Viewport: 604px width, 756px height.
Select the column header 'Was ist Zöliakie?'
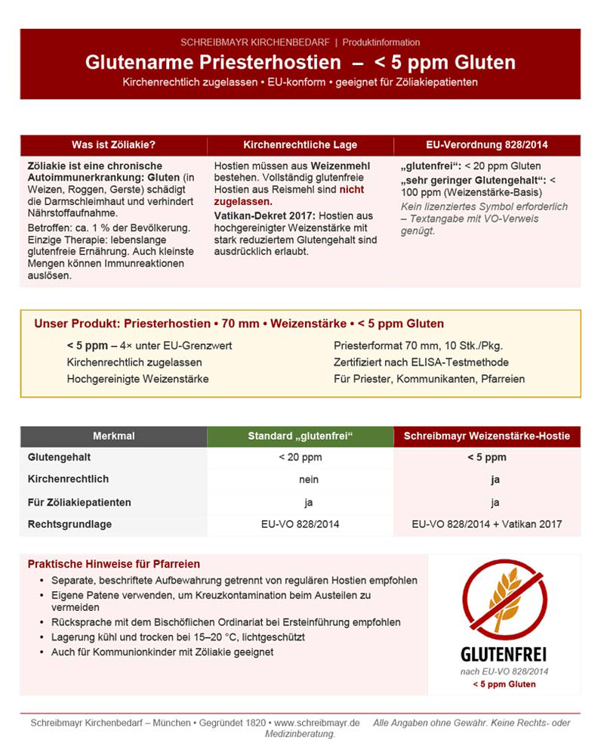pos(113,144)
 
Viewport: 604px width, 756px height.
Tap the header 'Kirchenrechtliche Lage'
pos(300,144)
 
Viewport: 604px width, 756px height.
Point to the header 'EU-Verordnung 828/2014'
pos(486,144)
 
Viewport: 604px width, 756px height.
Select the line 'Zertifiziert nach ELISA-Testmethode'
pos(421,362)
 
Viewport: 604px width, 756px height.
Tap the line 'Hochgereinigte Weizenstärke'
pos(137,379)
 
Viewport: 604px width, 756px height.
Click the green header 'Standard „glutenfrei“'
pos(300,436)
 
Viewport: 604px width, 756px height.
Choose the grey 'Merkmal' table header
pos(113,436)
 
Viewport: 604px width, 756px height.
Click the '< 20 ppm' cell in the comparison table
pos(300,457)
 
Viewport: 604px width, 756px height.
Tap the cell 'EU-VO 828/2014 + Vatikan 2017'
pos(487,523)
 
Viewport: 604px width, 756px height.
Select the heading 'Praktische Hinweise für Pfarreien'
pos(114,564)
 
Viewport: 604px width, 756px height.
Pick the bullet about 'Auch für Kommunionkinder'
pos(162,652)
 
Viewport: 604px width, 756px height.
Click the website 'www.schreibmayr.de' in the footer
pos(317,723)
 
